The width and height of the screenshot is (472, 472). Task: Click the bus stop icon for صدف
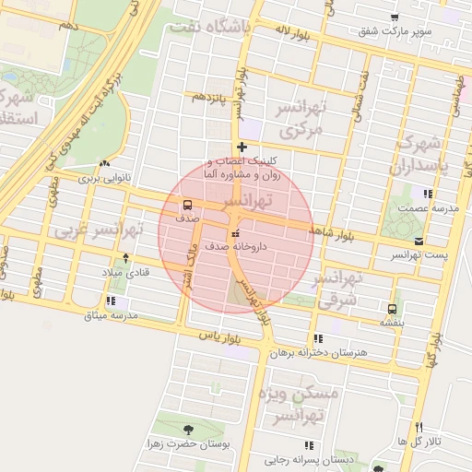pyautogui.click(x=188, y=205)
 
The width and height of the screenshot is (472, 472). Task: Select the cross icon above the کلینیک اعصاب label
pyautogui.click(x=242, y=147)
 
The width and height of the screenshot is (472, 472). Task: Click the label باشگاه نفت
pyautogui.click(x=208, y=28)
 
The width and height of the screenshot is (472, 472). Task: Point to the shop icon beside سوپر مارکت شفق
pyautogui.click(x=395, y=18)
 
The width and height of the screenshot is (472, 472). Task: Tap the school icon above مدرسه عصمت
pyautogui.click(x=427, y=194)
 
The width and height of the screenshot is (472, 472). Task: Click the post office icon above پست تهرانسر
pyautogui.click(x=419, y=239)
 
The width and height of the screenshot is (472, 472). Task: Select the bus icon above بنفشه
pyautogui.click(x=394, y=309)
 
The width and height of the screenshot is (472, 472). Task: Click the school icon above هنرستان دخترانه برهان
pyautogui.click(x=318, y=338)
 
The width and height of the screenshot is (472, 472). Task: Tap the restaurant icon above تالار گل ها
pyautogui.click(x=419, y=428)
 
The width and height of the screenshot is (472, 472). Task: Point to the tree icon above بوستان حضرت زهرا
pyautogui.click(x=188, y=430)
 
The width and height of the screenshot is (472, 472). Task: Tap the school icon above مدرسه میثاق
pyautogui.click(x=111, y=301)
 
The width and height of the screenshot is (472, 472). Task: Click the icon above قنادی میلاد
pyautogui.click(x=126, y=259)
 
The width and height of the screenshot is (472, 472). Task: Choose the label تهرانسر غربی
pyautogui.click(x=95, y=228)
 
